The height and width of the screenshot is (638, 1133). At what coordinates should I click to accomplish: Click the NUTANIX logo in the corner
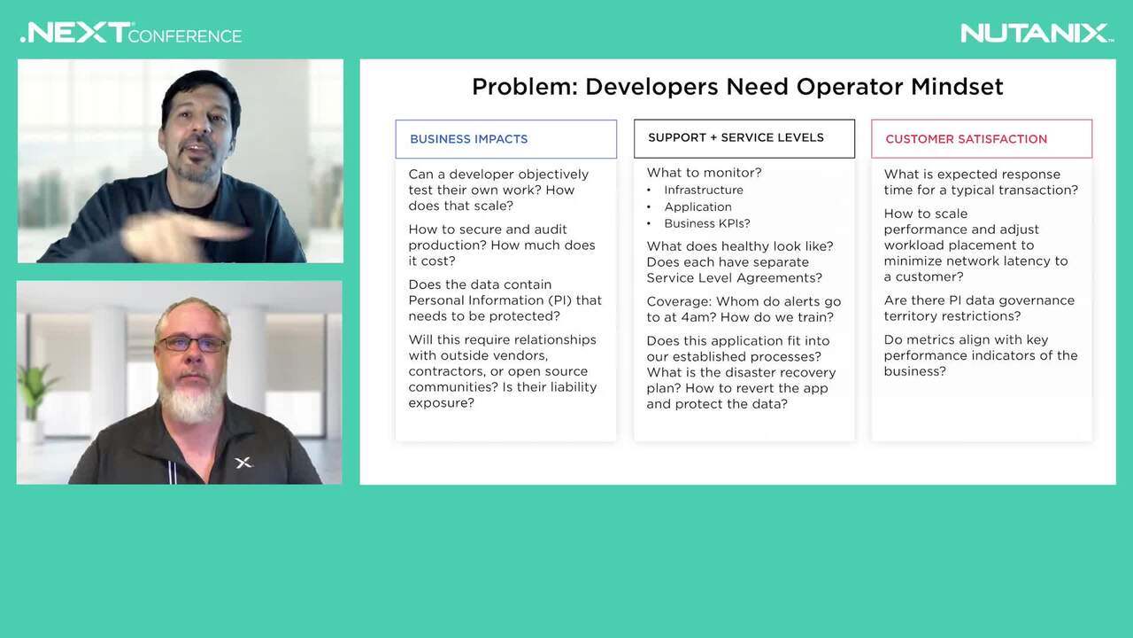click(1037, 34)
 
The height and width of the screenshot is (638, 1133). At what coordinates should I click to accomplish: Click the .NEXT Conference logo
click(131, 33)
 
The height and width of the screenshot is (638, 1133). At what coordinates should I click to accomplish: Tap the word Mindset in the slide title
click(957, 87)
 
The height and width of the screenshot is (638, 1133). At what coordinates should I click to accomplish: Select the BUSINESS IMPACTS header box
click(505, 139)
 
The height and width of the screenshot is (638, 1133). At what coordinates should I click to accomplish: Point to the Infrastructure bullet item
click(704, 190)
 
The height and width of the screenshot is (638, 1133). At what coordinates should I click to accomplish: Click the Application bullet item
click(698, 206)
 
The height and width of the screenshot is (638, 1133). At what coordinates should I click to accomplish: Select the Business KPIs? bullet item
click(707, 223)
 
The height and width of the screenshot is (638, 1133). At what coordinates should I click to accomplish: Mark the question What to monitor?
click(704, 173)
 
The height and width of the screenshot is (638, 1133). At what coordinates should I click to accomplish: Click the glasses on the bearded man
click(192, 344)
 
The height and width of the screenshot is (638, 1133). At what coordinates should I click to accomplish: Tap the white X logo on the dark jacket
click(243, 463)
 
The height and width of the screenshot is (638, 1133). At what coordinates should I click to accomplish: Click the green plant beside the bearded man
click(35, 387)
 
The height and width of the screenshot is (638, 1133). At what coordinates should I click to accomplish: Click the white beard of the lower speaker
click(191, 399)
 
